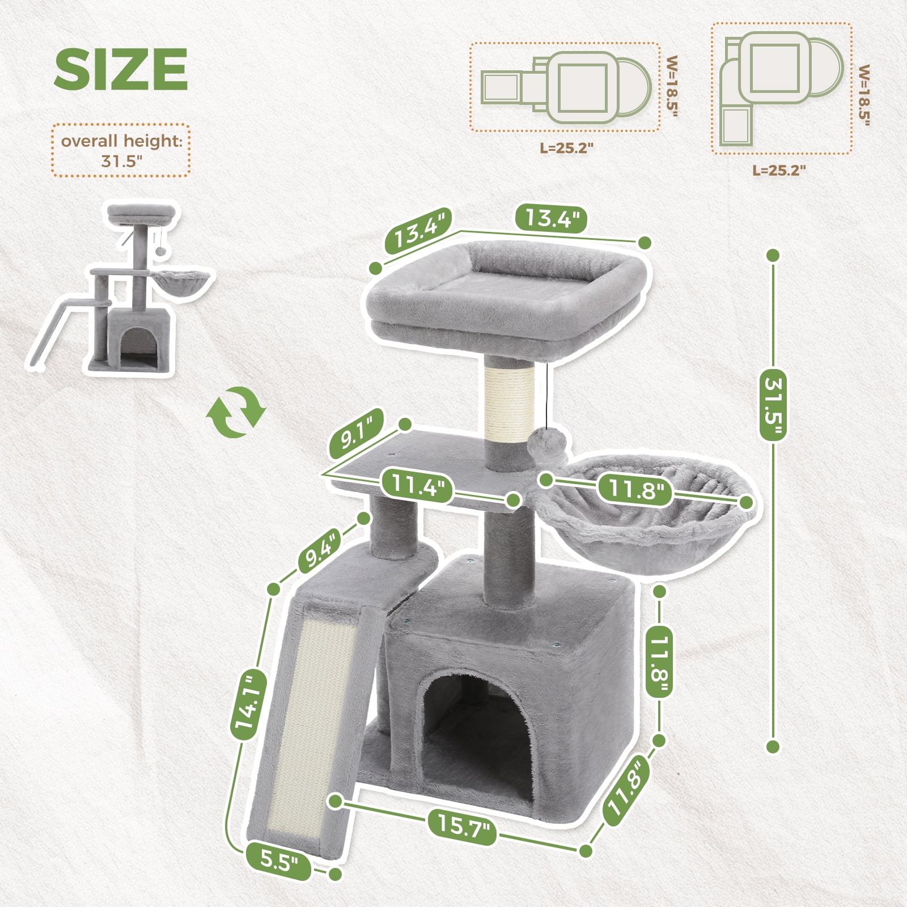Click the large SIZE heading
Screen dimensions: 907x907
pyautogui.click(x=121, y=69)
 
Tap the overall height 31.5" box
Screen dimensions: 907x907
pyautogui.click(x=121, y=150)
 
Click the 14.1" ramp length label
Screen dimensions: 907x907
pyautogui.click(x=248, y=705)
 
